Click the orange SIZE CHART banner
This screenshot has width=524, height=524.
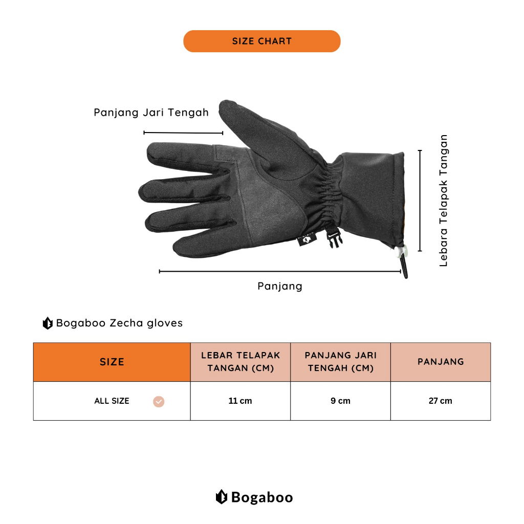[261, 41]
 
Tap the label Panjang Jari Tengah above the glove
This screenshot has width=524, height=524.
[151, 113]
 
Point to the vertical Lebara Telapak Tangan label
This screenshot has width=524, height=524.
[444, 200]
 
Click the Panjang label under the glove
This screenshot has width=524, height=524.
[279, 286]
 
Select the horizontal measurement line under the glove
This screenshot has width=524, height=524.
[279, 271]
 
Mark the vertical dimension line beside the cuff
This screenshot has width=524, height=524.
[420, 200]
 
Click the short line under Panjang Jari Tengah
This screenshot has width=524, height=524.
[183, 133]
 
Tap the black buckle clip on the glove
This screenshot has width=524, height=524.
[335, 238]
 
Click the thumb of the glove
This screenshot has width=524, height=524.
[241, 118]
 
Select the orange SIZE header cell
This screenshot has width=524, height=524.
[112, 362]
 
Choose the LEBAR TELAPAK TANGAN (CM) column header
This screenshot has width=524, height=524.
[241, 362]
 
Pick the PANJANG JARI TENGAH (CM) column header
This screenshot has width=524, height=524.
[340, 362]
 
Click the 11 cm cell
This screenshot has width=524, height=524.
[240, 401]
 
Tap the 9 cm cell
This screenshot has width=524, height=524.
[340, 401]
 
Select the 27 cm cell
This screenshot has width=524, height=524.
[440, 401]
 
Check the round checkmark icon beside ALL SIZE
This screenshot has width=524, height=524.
[159, 402]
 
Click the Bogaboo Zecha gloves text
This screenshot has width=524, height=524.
[119, 323]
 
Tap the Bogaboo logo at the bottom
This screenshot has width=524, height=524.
[254, 497]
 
